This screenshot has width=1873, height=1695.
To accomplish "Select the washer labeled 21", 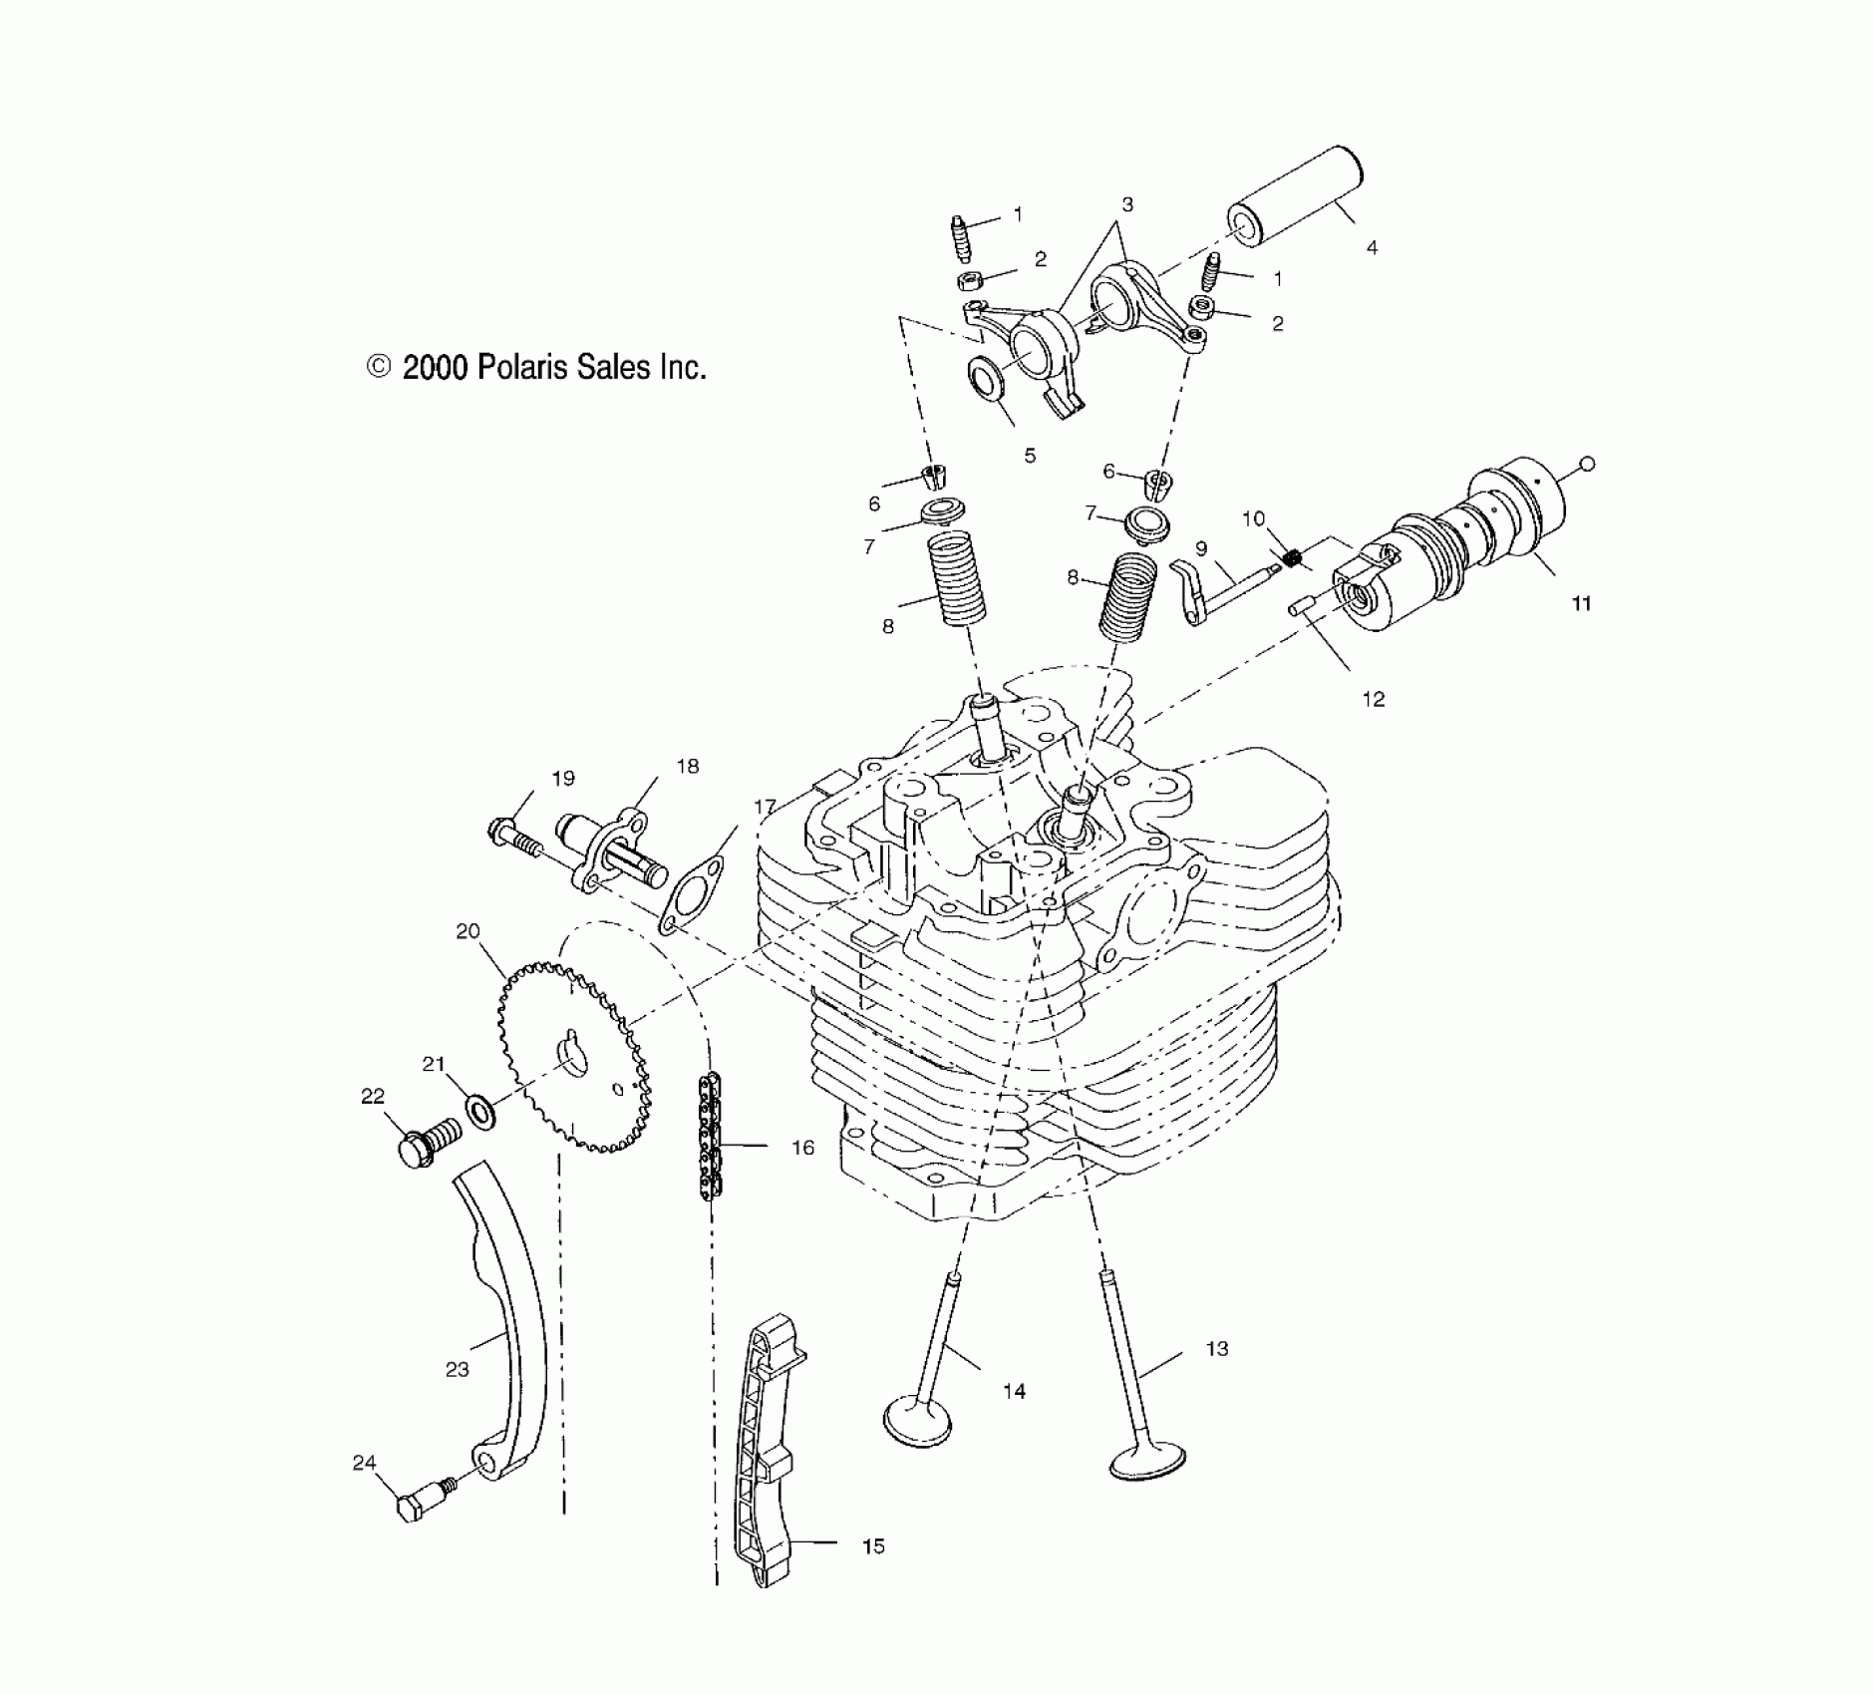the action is click(x=480, y=1110).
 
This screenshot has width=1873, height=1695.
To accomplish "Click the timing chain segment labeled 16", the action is click(x=710, y=1137).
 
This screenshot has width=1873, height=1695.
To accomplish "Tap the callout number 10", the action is click(x=1253, y=519).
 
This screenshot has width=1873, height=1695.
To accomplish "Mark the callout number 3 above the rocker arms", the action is click(x=1127, y=204).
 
